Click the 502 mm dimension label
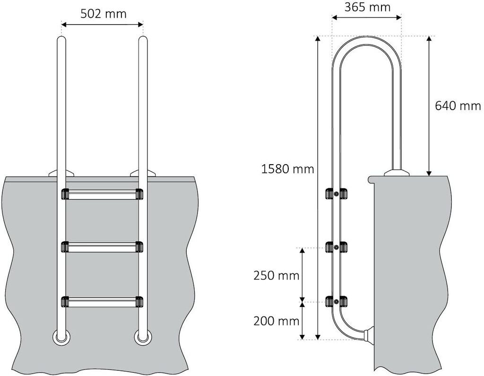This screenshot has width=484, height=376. (x=103, y=13)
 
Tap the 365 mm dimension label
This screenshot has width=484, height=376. (x=367, y=7)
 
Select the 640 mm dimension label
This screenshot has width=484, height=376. (x=458, y=105)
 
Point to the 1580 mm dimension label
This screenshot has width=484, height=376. (x=288, y=168)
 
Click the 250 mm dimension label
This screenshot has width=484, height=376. (x=277, y=275)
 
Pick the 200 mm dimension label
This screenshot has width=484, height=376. (x=277, y=321)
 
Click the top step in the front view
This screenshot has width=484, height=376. (x=102, y=194)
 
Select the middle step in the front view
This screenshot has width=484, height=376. (x=102, y=246)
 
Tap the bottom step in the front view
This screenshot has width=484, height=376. (x=102, y=301)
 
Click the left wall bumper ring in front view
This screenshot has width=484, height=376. (x=61, y=337)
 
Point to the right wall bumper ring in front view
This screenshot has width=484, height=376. (x=142, y=337)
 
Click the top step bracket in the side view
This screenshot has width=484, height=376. (x=336, y=194)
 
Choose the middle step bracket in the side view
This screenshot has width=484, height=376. (x=336, y=247)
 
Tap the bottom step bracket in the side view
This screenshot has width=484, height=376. (x=336, y=301)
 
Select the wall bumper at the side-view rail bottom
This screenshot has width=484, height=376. (x=369, y=335)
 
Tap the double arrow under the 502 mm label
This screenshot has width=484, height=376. (x=102, y=24)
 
